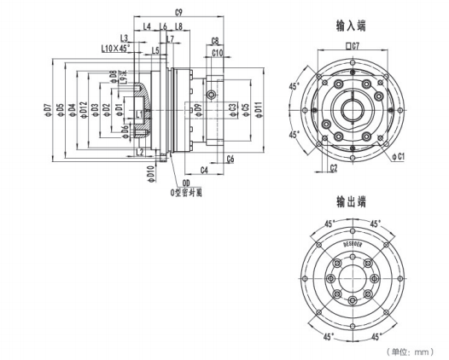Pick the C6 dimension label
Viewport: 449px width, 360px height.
click(230, 160)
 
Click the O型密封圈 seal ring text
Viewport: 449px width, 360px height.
click(186, 192)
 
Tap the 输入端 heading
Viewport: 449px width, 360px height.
click(350, 26)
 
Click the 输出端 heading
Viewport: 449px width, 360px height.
click(350, 202)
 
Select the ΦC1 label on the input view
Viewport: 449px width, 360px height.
click(399, 157)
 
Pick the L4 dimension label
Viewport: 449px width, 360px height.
click(147, 27)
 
